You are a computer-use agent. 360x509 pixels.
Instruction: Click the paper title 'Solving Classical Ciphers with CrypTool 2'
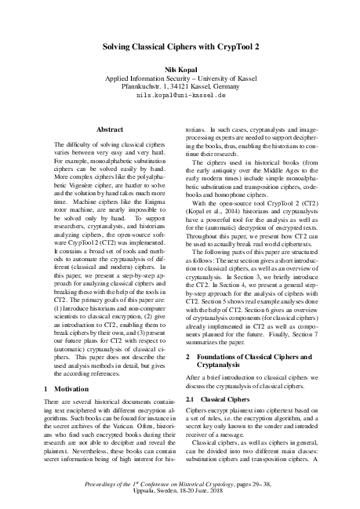point(180,47)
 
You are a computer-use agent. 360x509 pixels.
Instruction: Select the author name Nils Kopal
point(180,70)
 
